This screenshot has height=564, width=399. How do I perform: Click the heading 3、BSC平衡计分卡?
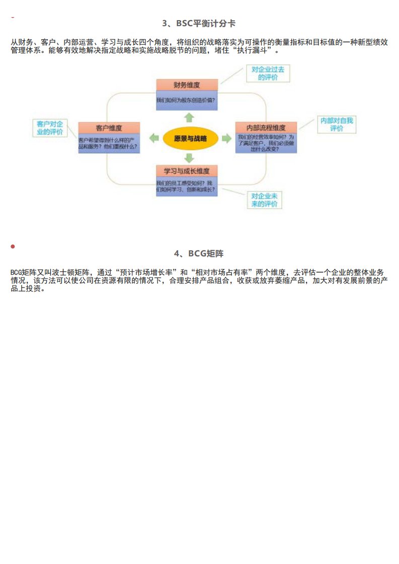[x=199, y=24]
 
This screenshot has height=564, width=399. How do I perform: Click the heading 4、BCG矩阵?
[x=199, y=253]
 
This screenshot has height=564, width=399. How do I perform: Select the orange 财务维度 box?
[x=187, y=84]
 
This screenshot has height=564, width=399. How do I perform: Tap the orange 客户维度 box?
[x=109, y=128]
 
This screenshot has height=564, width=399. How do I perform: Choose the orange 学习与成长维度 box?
[x=187, y=170]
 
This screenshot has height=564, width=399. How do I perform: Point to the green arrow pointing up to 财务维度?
[x=189, y=117]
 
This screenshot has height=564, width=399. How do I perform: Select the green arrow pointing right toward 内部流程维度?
[x=226, y=138]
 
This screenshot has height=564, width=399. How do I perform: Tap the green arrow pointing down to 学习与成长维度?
[x=189, y=158]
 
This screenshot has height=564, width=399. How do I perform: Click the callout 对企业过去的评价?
[x=271, y=73]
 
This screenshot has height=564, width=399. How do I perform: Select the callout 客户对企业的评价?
[x=50, y=128]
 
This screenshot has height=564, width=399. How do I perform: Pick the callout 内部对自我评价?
[x=337, y=124]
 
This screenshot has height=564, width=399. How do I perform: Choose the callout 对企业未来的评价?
[x=264, y=200]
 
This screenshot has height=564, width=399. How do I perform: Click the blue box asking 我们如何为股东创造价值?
[x=187, y=100]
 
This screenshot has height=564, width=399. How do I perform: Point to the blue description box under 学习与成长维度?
[x=187, y=186]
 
